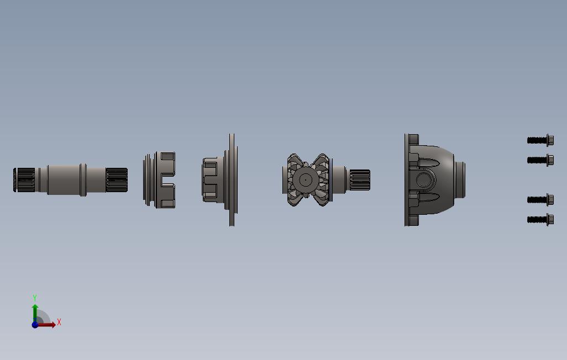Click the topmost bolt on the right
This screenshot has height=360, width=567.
point(540,140)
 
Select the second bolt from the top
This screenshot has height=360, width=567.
point(540,160)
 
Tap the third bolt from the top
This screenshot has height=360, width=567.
point(540,199)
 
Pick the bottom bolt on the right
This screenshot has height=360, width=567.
point(540,219)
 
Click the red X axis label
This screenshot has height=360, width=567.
point(59,322)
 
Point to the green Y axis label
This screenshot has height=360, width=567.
point(35,298)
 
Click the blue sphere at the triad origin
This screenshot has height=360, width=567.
point(35,325)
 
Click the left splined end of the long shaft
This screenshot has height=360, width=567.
point(24,179)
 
